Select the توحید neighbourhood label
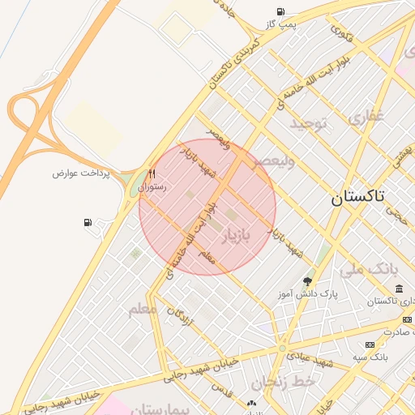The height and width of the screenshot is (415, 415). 308,123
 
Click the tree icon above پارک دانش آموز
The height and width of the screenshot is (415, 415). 307,281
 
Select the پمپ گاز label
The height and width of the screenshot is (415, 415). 283,24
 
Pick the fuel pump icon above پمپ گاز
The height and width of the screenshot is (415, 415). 280,11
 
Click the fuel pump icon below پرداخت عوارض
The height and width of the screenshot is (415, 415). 88,222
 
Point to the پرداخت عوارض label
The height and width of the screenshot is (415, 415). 81,173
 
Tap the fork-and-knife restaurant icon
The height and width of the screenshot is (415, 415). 152,174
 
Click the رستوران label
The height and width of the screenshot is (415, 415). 152,187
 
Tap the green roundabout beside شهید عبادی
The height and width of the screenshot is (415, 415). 282,349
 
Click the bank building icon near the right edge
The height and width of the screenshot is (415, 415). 399,289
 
